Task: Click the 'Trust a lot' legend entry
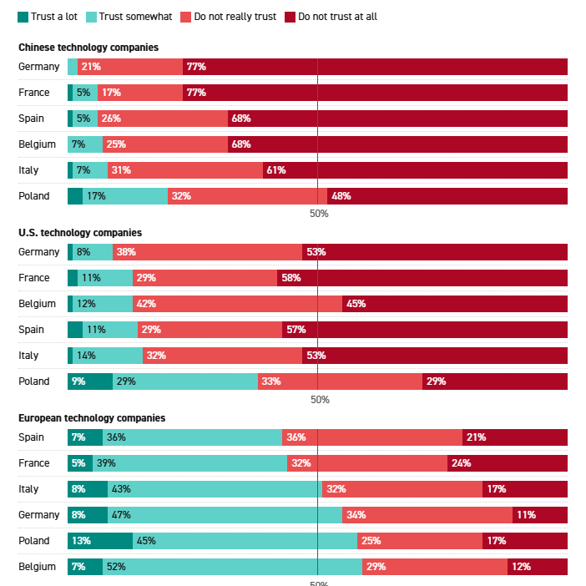(48, 16)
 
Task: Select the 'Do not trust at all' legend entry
(331, 16)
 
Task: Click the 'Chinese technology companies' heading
(88, 48)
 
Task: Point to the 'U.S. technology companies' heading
(80, 233)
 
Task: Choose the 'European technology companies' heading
(92, 417)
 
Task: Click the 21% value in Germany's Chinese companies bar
(91, 67)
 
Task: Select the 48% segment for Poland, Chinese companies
(341, 196)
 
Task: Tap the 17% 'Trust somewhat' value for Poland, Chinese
(96, 196)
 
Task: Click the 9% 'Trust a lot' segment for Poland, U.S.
(79, 381)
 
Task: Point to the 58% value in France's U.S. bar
(291, 278)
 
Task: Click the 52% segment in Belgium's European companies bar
(116, 567)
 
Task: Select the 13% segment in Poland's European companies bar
(81, 541)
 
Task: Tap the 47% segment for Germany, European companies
(121, 515)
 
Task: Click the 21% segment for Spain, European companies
(477, 437)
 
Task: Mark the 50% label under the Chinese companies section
(319, 214)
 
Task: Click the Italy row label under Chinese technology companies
(29, 170)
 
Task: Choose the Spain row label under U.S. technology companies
(31, 330)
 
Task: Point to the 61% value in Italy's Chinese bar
(276, 170)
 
